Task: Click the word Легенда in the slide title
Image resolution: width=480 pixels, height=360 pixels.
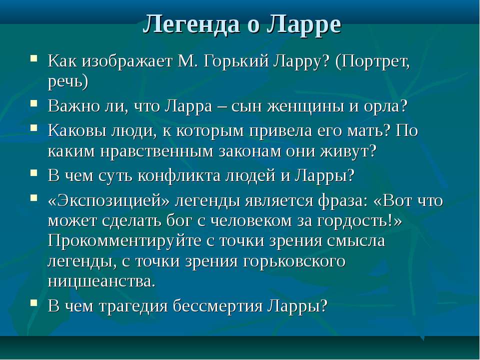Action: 191,24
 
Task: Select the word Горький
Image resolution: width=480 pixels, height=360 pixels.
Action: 236,61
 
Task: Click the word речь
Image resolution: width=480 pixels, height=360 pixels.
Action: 67,81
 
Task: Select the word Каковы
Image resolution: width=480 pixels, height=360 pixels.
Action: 76,130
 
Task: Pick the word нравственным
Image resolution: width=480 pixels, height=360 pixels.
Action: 156,151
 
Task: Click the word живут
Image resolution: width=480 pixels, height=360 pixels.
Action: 348,151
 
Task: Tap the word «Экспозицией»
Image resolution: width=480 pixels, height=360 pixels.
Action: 108,201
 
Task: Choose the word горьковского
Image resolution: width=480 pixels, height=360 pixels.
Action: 294,261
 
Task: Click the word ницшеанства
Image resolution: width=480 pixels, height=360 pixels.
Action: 101,281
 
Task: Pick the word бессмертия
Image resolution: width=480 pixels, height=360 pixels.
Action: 217,305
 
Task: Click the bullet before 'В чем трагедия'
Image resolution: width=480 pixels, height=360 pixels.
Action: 34,303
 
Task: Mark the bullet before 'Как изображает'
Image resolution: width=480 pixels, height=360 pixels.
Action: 34,58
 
